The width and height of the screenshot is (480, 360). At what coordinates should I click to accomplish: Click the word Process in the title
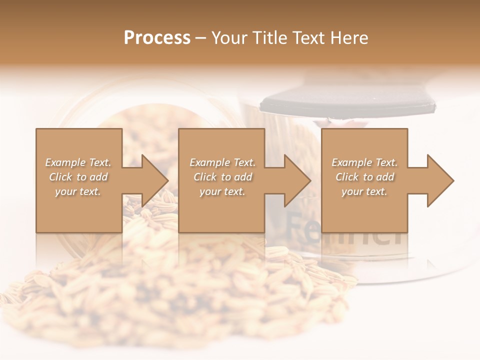point(157,38)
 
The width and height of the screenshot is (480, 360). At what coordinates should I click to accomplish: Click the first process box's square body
point(78,215)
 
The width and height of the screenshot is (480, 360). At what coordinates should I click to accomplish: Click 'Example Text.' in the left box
point(78,162)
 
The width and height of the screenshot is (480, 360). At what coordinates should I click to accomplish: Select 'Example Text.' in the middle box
point(222,162)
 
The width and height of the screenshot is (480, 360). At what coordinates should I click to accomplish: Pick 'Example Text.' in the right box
point(364,162)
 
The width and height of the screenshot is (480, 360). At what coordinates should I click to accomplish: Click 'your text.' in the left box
point(78,191)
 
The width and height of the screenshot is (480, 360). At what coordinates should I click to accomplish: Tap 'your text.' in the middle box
point(222,191)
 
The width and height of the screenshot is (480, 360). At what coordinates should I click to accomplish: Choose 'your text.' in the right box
point(364,191)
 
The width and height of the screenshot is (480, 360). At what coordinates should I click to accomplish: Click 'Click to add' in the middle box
point(222,177)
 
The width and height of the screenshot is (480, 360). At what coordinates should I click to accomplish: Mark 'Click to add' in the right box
point(364,177)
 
